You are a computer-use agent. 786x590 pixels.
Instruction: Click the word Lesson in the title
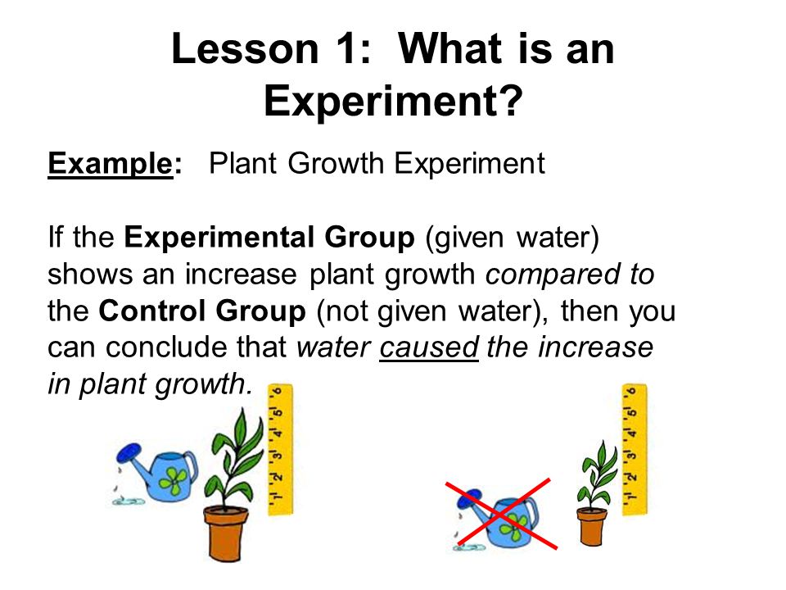point(246,48)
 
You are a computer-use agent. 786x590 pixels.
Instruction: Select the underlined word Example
point(111,165)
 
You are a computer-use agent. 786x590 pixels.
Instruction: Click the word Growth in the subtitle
point(336,163)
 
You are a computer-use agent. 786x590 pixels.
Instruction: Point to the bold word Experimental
point(219,238)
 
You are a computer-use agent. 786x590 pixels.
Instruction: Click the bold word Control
point(152,311)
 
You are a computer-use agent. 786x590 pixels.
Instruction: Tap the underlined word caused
point(429,347)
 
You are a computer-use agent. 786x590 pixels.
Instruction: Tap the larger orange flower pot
point(226,533)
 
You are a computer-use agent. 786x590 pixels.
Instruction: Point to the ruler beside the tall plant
point(280,450)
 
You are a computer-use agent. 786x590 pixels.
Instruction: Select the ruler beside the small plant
point(634,450)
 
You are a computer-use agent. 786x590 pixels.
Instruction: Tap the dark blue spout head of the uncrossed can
point(129,453)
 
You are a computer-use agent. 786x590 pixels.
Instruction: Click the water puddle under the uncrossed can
point(129,501)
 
